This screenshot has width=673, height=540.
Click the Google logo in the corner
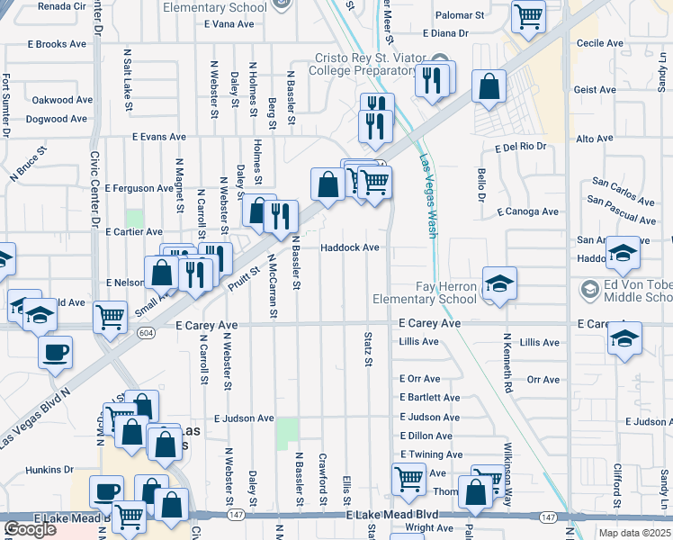pyautogui.click(x=30, y=529)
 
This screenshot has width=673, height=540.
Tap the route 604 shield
pyautogui.click(x=145, y=332)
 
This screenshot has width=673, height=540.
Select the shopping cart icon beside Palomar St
pyautogui.click(x=528, y=15)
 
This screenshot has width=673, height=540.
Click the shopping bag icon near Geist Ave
pyautogui.click(x=488, y=87)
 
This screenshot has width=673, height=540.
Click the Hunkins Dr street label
pyautogui.click(x=49, y=469)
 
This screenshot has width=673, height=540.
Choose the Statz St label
pyautogui.click(x=368, y=346)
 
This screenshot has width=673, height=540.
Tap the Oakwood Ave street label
pyautogui.click(x=62, y=100)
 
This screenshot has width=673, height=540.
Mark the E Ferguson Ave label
pyautogui.click(x=139, y=188)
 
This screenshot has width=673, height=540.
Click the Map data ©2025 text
pyautogui.click(x=634, y=532)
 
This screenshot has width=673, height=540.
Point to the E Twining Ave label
pyautogui.click(x=431, y=454)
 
